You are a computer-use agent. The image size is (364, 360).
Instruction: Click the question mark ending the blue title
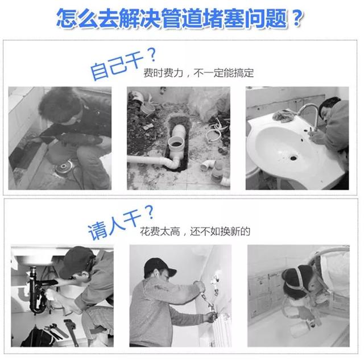[295, 18]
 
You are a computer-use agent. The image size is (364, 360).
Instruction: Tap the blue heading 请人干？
[121, 222]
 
